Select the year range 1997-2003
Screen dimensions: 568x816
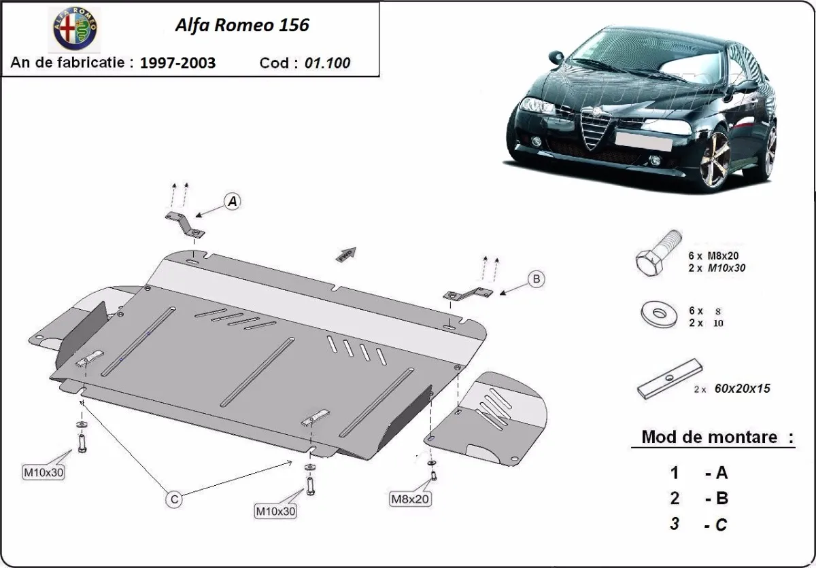pos(177,63)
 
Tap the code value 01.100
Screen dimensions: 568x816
pos(328,63)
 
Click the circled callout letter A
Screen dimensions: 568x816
pos(233,202)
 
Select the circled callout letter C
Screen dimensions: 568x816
pos(175,499)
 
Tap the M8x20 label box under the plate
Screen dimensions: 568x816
pos(410,499)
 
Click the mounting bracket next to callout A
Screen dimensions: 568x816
pos(186,224)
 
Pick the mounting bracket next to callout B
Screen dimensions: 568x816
pos(468,294)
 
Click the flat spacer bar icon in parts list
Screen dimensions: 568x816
pos(669,379)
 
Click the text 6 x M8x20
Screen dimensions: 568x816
pos(712,255)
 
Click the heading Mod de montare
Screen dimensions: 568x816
pos(709,437)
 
